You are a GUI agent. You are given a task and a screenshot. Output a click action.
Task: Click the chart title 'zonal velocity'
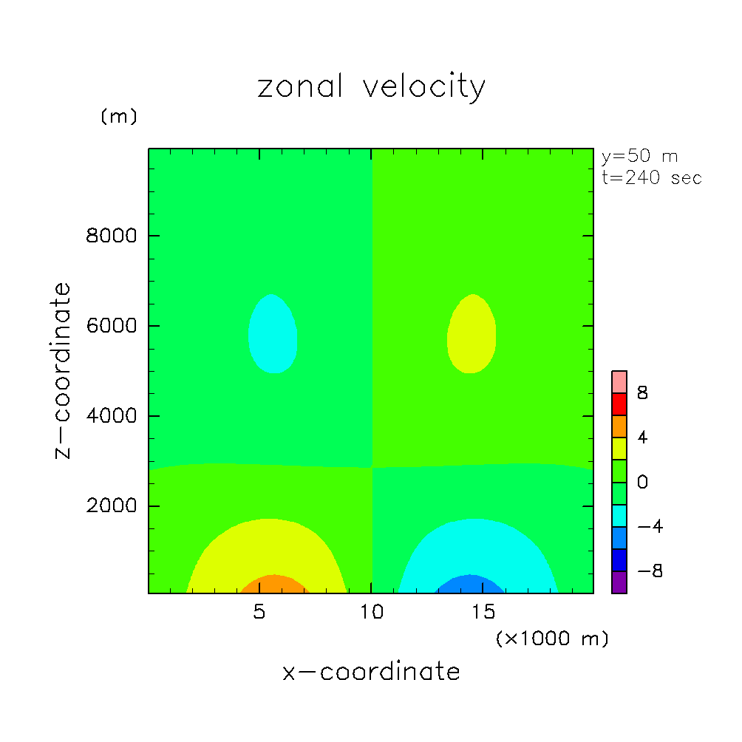tap(371, 88)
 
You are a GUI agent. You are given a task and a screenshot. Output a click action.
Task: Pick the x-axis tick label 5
tap(259, 613)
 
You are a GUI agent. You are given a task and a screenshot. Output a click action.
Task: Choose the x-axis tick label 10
tap(371, 613)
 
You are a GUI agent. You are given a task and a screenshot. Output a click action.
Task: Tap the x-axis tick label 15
tap(483, 613)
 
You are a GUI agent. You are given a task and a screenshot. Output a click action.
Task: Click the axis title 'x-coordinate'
tap(371, 672)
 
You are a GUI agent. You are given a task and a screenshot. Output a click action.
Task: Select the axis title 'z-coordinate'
tap(64, 370)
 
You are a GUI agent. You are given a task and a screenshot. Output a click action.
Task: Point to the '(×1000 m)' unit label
tap(552, 639)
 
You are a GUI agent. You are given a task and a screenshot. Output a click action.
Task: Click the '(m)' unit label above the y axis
tap(119, 117)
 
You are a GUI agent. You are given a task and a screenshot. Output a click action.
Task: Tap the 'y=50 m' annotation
tap(640, 157)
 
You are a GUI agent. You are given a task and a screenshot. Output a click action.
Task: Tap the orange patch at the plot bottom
tap(273, 585)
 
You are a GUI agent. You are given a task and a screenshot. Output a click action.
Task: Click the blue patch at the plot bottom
tap(470, 585)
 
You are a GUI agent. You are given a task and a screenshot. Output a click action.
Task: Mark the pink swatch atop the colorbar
tap(619, 381)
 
